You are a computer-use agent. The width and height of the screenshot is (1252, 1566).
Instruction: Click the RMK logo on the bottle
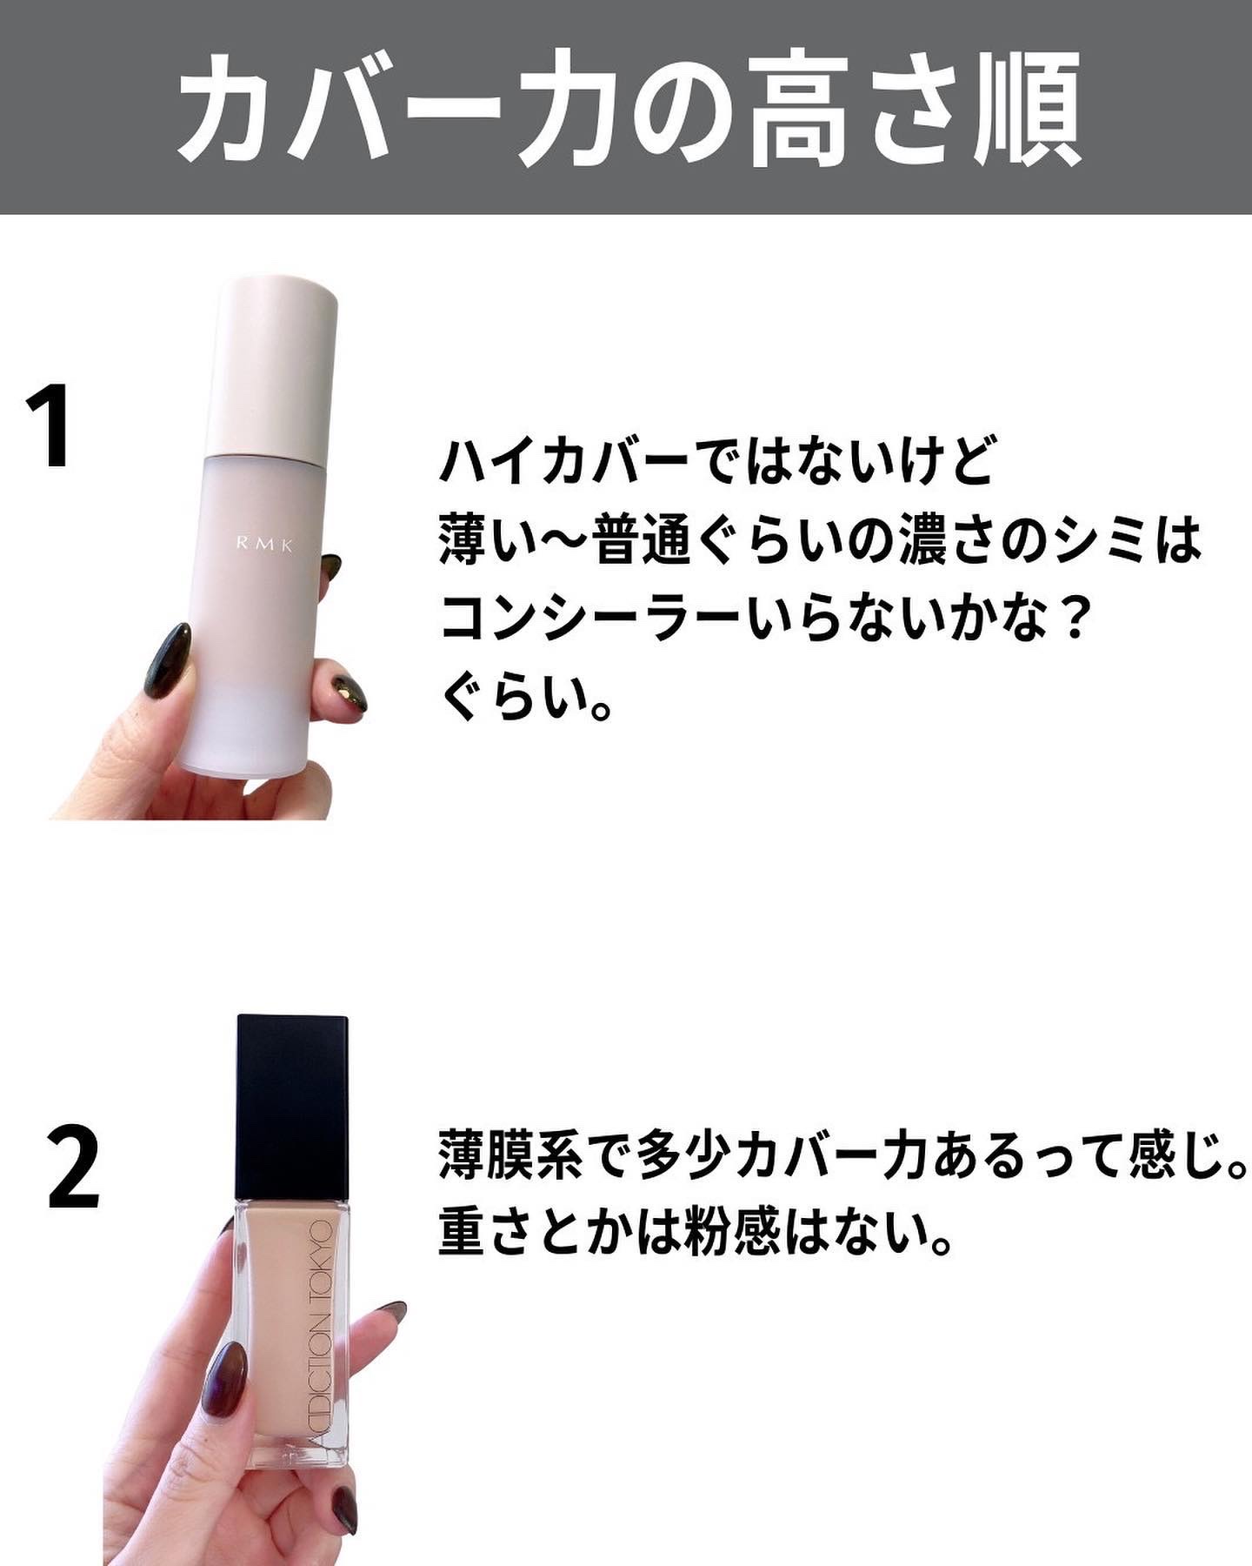[x=265, y=545]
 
